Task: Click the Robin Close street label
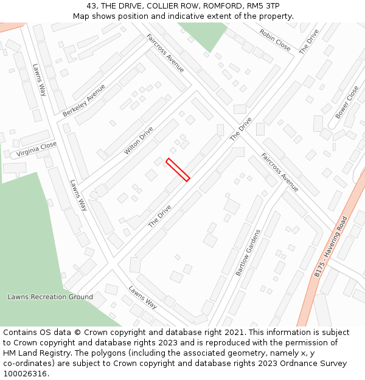tap(274, 40)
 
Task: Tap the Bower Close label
tap(347, 102)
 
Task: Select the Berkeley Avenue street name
tap(84, 100)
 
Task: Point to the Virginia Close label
tap(36, 148)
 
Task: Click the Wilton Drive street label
tap(138, 140)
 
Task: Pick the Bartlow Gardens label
tap(248, 252)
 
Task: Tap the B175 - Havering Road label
tap(331, 247)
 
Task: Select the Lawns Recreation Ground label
tap(50, 297)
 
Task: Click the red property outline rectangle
tap(178, 170)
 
